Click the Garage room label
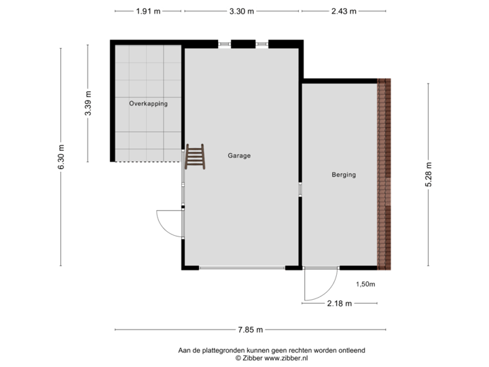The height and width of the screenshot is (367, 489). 239,156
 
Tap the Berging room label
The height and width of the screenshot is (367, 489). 344,175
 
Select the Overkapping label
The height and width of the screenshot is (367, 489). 148,104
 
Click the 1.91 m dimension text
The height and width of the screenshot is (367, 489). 147,12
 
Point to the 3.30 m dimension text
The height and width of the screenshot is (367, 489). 242,12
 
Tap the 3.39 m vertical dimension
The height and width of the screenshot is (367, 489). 87,104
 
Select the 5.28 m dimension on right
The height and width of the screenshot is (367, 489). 428,175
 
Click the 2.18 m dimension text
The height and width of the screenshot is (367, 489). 340,304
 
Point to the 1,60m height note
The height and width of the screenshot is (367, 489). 366,285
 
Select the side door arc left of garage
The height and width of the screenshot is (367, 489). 168,222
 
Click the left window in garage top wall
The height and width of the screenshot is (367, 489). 224,44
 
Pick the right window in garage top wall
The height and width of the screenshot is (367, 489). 261,44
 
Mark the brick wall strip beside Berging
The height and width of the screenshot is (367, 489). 384,173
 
